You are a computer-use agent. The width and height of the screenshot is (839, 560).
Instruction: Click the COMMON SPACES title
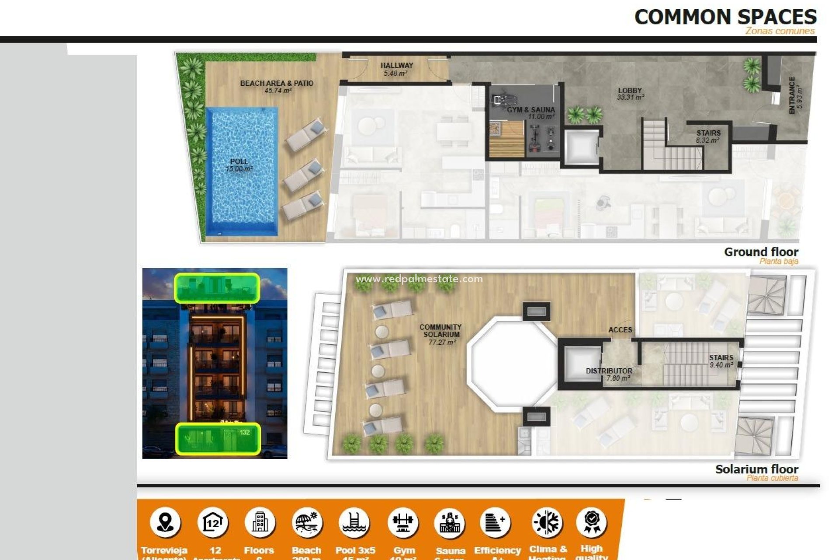[x=725, y=17]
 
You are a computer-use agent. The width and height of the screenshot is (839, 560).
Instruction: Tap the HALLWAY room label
[x=396, y=69]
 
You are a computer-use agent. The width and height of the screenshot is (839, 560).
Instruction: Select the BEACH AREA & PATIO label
[x=277, y=87]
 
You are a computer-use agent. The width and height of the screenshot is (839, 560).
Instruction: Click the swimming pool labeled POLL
[x=242, y=171]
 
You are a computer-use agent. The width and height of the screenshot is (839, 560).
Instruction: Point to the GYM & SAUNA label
[x=531, y=113]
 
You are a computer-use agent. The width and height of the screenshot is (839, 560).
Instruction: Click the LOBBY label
[x=630, y=94]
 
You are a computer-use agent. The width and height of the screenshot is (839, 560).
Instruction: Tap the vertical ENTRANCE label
[x=795, y=95]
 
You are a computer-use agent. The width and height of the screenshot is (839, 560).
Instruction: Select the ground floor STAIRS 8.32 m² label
[x=708, y=136]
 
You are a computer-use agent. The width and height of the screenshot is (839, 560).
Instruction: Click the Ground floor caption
[x=761, y=252]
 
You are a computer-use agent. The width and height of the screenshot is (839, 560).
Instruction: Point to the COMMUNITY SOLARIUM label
[x=440, y=334]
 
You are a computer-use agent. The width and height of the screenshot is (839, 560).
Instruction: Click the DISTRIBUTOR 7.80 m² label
[x=609, y=374]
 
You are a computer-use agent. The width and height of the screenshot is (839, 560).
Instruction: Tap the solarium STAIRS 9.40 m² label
[x=721, y=361]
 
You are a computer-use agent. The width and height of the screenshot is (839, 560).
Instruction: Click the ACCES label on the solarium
[x=620, y=329]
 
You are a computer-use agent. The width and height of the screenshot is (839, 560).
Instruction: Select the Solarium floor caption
[x=756, y=469]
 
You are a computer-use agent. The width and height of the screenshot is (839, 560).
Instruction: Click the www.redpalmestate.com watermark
[x=419, y=279]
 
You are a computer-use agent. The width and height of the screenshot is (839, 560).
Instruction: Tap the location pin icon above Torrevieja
[x=165, y=522]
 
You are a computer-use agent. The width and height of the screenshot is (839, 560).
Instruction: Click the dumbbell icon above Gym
[x=403, y=522]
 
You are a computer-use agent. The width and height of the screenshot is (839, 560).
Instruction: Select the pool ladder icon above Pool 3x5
[x=354, y=522]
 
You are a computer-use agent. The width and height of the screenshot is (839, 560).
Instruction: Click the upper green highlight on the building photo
[x=217, y=288]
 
